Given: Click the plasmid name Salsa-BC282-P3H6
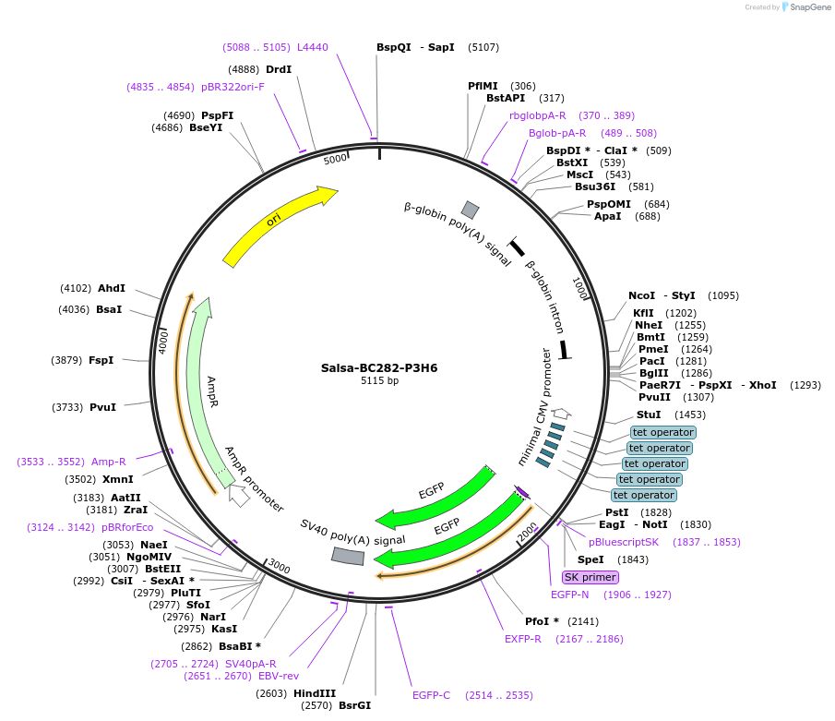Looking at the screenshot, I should point(379,367).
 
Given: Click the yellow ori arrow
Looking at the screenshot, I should point(277,222).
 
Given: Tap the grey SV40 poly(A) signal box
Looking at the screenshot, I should point(347,556).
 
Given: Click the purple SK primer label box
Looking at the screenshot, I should point(590,577).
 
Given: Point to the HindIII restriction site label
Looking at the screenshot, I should point(315,693).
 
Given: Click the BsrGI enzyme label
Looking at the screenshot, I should point(354,705).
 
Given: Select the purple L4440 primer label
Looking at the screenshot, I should point(312,47).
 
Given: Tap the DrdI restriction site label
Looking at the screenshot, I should point(278,69).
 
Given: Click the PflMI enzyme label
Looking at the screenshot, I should point(483,86).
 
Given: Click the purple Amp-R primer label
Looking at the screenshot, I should point(108,461).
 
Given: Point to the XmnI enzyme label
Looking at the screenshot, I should point(117,479).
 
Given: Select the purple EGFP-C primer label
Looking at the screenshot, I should point(431,695).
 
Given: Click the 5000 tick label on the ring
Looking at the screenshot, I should point(335,159).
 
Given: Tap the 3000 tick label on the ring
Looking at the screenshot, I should point(279,567).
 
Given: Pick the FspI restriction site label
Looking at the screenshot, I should point(101,359).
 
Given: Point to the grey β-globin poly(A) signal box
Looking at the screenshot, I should point(471,210).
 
